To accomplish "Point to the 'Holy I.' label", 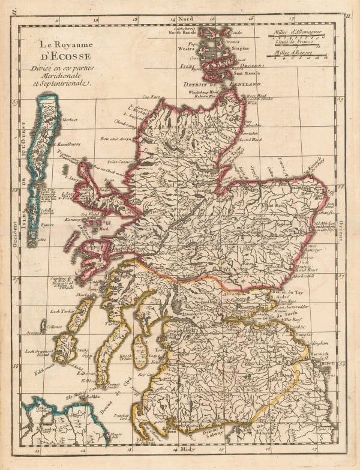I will pos(327,364).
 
